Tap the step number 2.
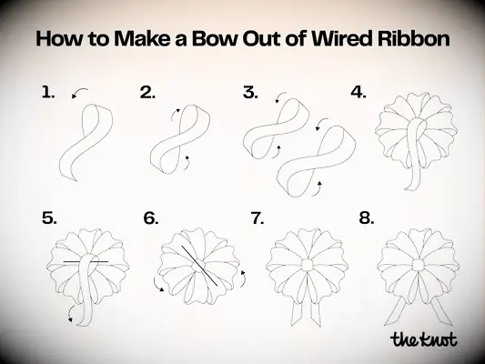pyautogui.click(x=147, y=92)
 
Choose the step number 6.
pyautogui.click(x=151, y=218)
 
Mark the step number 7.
pyautogui.click(x=258, y=218)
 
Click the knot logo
pyautogui.click(x=423, y=339)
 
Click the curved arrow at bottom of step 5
pyautogui.click(x=69, y=316)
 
